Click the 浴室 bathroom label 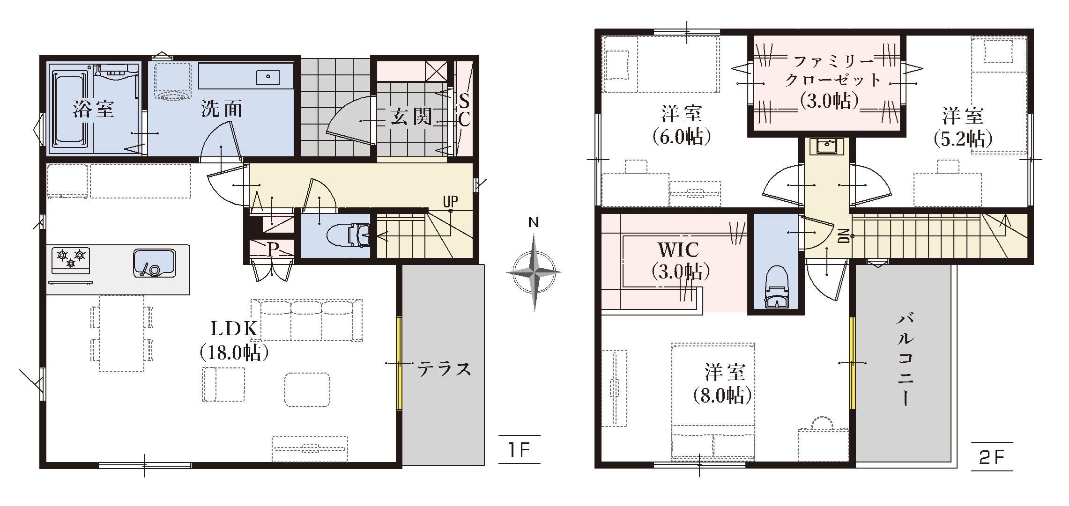(x=94, y=110)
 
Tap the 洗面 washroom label (x=222, y=110)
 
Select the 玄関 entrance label (x=411, y=117)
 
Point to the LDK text (x=234, y=329)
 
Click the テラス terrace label (x=444, y=370)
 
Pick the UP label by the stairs (x=450, y=202)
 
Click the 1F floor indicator (x=519, y=450)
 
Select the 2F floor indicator (x=992, y=457)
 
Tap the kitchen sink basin (x=155, y=263)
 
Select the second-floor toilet (x=777, y=286)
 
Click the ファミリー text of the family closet (x=834, y=61)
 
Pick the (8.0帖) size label (x=722, y=396)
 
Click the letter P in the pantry (x=272, y=249)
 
